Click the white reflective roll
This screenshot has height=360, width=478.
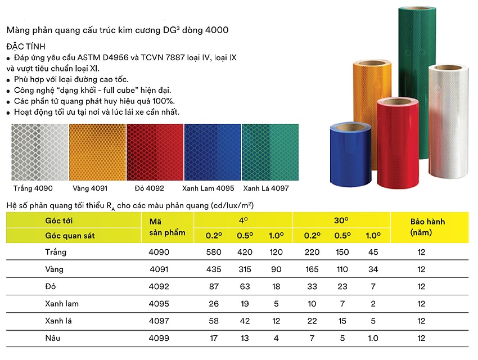click(x=449, y=118)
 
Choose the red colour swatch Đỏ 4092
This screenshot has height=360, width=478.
click(x=155, y=151)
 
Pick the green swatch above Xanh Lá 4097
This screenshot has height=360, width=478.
click(x=270, y=151)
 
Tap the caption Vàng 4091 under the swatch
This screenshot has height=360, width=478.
click(x=90, y=188)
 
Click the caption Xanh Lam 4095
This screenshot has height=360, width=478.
click(x=209, y=188)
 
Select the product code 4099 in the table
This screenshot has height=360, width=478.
click(x=159, y=339)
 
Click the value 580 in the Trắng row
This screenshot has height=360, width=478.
click(x=214, y=252)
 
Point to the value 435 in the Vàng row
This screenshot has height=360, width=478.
click(x=214, y=269)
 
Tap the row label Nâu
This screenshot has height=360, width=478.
click(x=54, y=339)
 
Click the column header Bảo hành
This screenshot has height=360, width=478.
click(x=427, y=222)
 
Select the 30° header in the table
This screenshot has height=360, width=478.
click(x=341, y=220)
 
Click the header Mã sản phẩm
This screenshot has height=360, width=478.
click(x=159, y=227)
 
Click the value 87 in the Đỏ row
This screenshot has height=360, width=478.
click(x=214, y=287)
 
